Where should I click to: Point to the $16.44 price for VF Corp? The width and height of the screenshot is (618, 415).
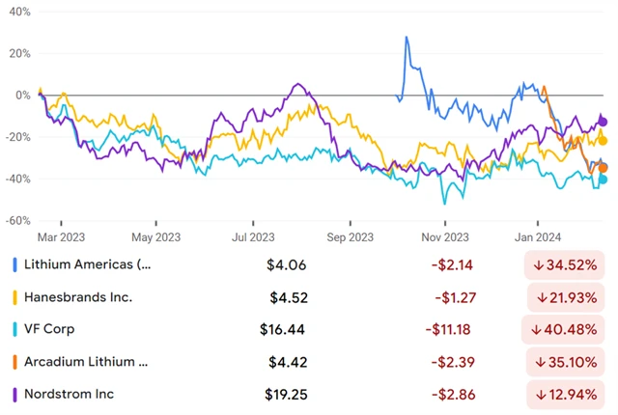pyautogui.click(x=282, y=329)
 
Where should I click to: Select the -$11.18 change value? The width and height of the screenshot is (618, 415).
pyautogui.click(x=448, y=329)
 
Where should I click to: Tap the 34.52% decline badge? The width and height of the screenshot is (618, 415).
pyautogui.click(x=566, y=264)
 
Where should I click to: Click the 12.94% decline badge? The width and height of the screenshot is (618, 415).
pyautogui.click(x=566, y=395)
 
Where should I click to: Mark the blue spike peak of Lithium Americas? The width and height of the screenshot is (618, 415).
pyautogui.click(x=407, y=38)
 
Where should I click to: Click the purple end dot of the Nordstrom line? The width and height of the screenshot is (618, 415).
pyautogui.click(x=604, y=122)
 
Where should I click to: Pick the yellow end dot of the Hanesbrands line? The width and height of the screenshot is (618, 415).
pyautogui.click(x=603, y=140)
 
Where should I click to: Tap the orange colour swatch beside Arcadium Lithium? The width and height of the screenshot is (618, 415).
pyautogui.click(x=14, y=363)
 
